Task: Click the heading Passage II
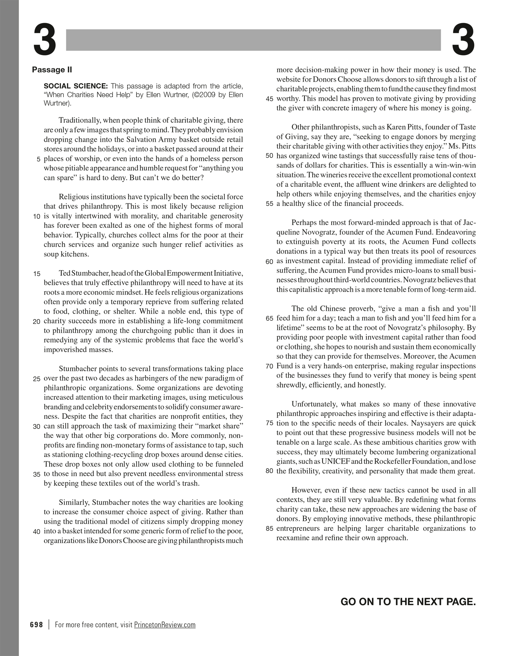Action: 52,70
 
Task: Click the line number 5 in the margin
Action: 38,160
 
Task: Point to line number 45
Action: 269,99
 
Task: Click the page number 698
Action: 37,625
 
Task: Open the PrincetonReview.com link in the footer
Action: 165,625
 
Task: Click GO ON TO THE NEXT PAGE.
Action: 408,601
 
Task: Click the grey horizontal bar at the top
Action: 253,40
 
